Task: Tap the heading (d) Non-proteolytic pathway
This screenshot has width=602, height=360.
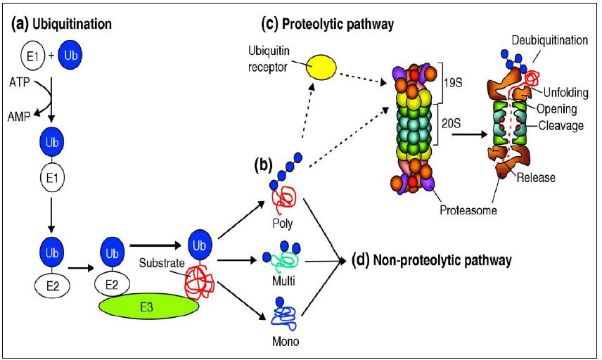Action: pos(430,260)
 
